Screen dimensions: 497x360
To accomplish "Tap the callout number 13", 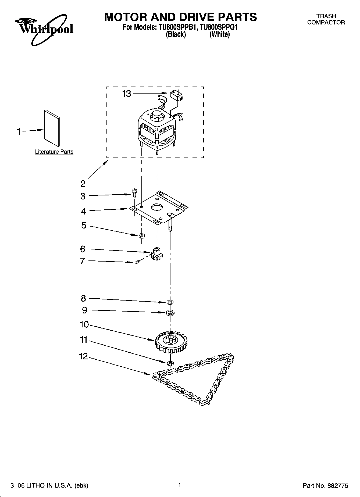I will click(x=127, y=94).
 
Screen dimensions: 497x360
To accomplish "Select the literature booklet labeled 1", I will click(x=52, y=128).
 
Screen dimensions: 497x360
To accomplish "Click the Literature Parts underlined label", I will click(x=54, y=152).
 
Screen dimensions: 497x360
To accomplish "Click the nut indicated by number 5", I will click(x=142, y=236).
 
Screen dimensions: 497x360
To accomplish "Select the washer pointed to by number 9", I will click(x=170, y=313).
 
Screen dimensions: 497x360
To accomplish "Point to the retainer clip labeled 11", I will click(x=170, y=363).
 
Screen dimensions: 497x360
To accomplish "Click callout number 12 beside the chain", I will click(x=83, y=356).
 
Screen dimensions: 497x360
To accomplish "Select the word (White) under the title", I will click(x=219, y=34).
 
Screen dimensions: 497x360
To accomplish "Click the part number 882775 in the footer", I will click(x=337, y=485).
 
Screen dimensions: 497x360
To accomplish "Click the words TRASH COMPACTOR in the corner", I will click(x=326, y=19).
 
